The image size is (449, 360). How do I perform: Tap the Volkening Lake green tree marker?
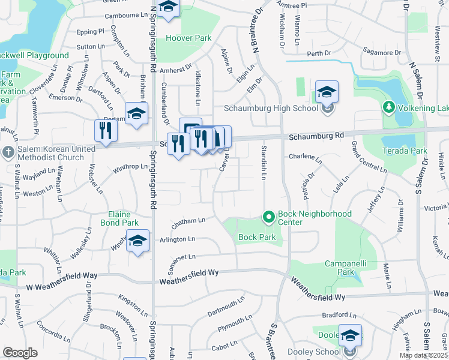[388, 107]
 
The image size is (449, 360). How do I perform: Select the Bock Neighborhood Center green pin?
[268, 216]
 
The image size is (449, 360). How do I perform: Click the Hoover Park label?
[188, 38]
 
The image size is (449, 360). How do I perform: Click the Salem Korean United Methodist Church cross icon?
[8, 151]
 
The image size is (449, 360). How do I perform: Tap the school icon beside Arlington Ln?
[137, 241]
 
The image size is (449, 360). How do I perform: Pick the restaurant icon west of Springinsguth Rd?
[104, 131]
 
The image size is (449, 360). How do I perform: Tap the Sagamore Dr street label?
[382, 53]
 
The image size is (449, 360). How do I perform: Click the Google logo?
[20, 353]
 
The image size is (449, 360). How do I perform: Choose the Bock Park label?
[257, 238]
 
